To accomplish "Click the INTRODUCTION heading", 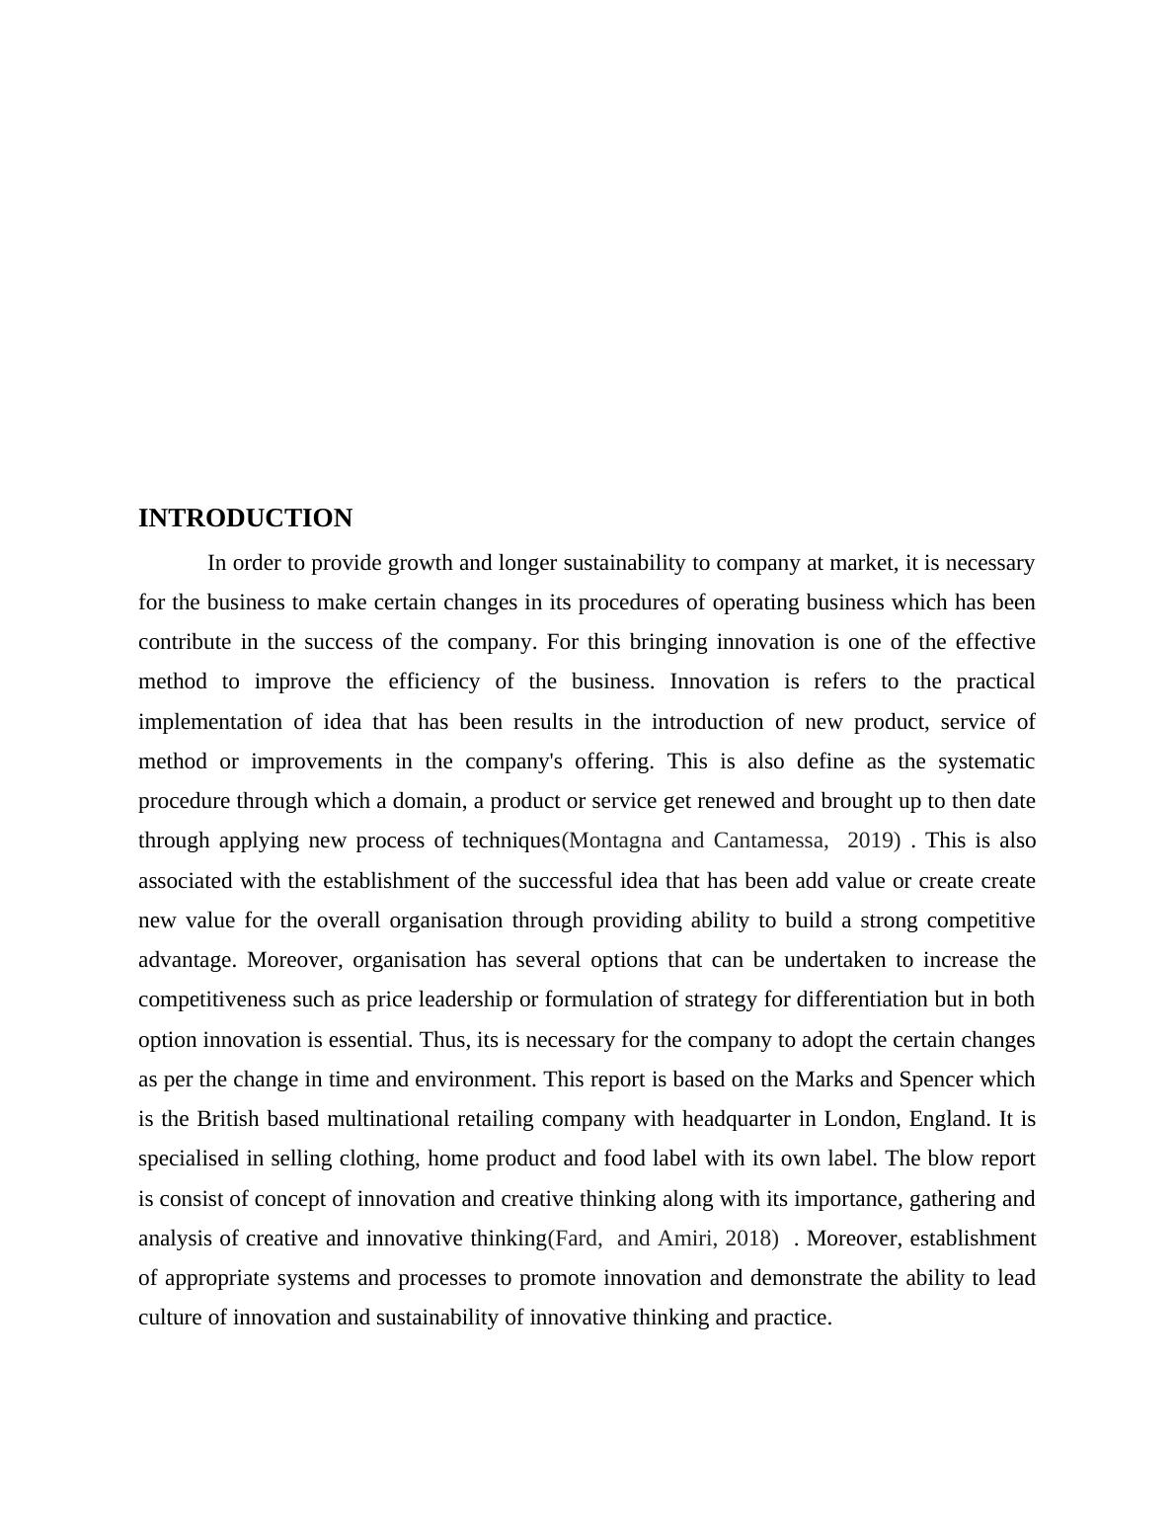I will pyautogui.click(x=245, y=519).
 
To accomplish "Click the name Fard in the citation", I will pyautogui.click(x=580, y=1239).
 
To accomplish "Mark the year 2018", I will pyautogui.click(x=747, y=1239).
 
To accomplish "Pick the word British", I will pyautogui.click(x=228, y=1119).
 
